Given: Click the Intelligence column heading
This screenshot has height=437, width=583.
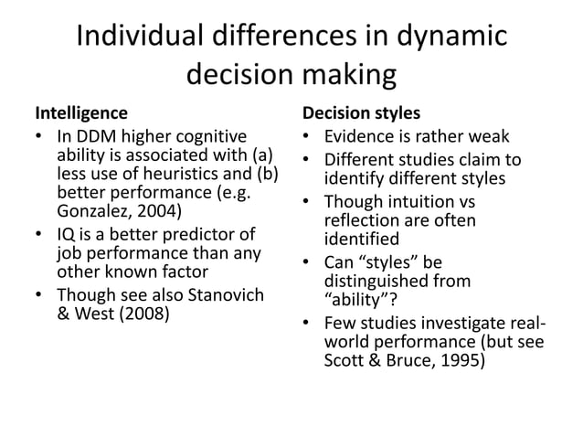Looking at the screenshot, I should click(x=81, y=114).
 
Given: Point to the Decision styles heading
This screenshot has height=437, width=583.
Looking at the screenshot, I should click(x=362, y=114).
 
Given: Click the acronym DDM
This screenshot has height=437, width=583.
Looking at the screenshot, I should click(x=95, y=137).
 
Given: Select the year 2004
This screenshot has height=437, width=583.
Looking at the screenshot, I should click(x=159, y=211).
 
